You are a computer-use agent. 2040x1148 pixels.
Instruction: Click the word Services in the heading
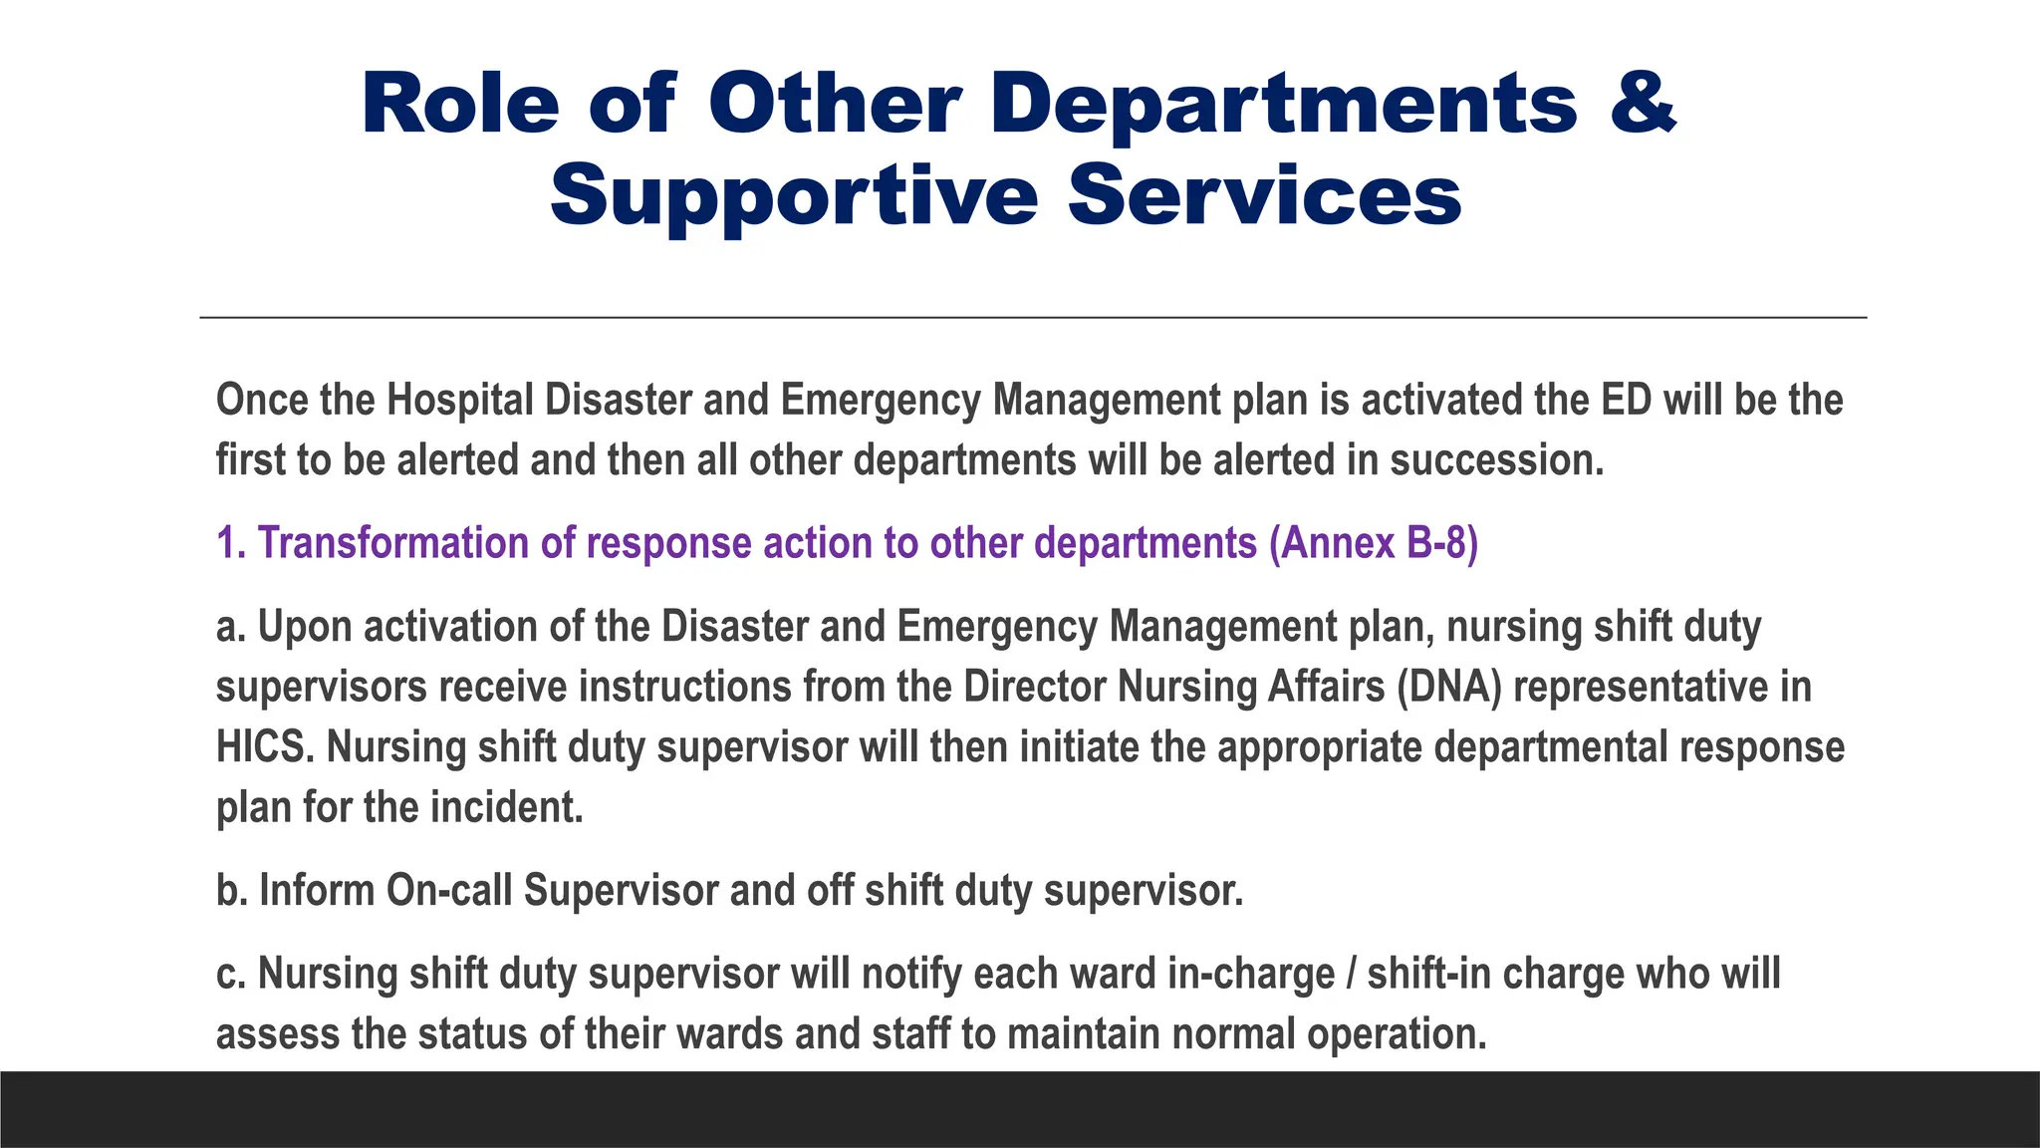[1264, 196]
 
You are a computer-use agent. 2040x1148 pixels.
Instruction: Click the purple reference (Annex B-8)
[1374, 544]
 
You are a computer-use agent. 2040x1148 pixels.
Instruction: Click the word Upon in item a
[304, 628]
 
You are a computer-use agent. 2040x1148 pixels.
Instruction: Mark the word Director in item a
[1035, 688]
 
